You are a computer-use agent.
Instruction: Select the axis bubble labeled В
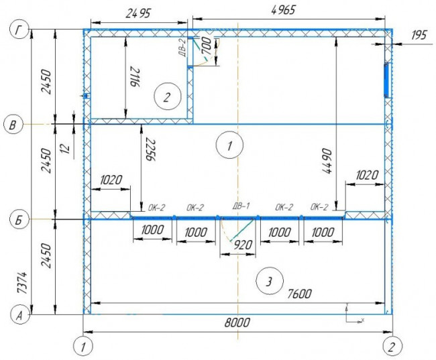(13, 125)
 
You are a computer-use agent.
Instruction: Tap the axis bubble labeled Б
(19, 220)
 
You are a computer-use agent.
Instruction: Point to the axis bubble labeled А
(19, 316)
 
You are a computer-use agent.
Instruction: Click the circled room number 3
(269, 282)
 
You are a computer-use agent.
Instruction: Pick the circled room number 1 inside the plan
(229, 145)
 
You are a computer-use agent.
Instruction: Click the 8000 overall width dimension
(237, 322)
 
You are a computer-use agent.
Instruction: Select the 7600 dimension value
(299, 294)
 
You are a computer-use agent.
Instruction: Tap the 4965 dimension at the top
(283, 10)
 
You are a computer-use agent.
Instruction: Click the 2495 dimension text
(138, 13)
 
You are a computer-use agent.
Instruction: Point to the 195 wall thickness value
(419, 35)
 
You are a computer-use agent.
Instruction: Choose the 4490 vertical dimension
(327, 161)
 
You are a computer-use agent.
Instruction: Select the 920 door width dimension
(243, 245)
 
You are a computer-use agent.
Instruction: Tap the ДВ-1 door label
(241, 206)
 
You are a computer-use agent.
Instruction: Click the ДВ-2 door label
(182, 48)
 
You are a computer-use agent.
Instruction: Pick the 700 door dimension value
(206, 46)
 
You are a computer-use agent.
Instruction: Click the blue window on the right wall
(386, 80)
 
